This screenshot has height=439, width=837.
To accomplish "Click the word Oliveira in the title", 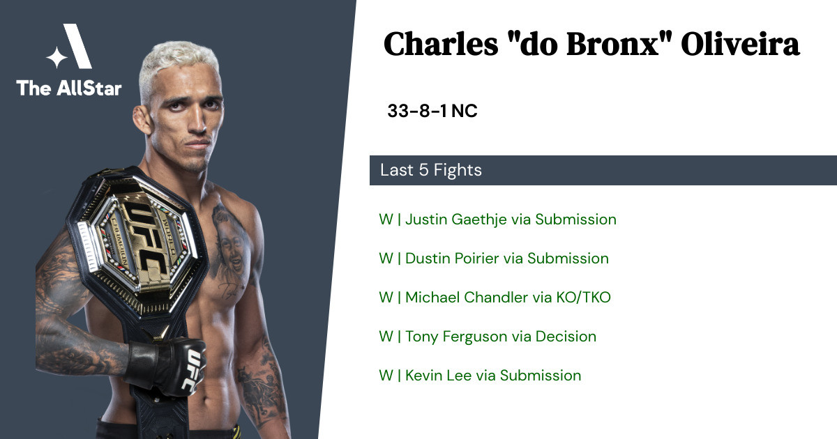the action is click(740, 44).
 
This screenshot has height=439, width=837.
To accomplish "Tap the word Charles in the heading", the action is click(441, 44).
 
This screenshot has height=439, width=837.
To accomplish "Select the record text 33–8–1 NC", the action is click(432, 111).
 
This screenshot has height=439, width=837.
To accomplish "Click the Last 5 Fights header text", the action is click(431, 170).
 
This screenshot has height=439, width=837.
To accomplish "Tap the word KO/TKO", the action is click(583, 298).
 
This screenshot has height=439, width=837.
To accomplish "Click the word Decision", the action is click(566, 337).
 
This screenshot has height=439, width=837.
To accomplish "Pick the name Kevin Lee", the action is click(438, 376).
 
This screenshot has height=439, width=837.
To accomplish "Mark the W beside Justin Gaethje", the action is click(386, 219).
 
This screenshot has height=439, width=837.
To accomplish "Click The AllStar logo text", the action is click(69, 88).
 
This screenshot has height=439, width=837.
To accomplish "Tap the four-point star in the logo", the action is click(56, 57).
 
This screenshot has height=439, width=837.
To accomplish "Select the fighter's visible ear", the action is click(142, 119).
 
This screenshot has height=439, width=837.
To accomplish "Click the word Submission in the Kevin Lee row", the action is click(541, 376).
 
